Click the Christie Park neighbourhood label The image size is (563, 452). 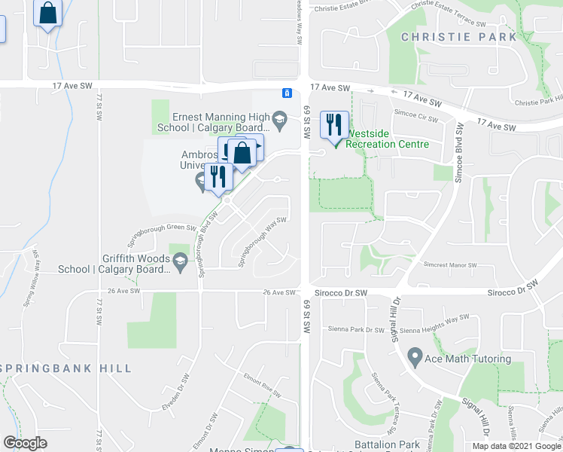pyautogui.click(x=459, y=37)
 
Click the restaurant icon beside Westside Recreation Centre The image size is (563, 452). pyautogui.click(x=333, y=124)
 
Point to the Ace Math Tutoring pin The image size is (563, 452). pyautogui.click(x=414, y=355)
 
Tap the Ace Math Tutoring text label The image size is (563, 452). pyautogui.click(x=467, y=359)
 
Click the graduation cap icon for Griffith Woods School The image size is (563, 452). pyautogui.click(x=179, y=261)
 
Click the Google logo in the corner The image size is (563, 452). pyautogui.click(x=25, y=443)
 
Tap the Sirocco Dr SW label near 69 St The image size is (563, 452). pyautogui.click(x=339, y=292)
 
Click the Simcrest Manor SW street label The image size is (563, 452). pyautogui.click(x=450, y=265)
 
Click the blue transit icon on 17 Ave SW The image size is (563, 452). pyautogui.click(x=287, y=93)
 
